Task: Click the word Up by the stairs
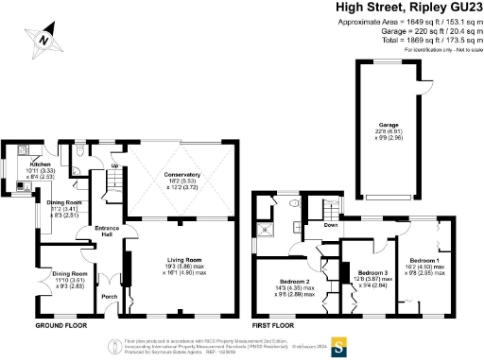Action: pos(116,165)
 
